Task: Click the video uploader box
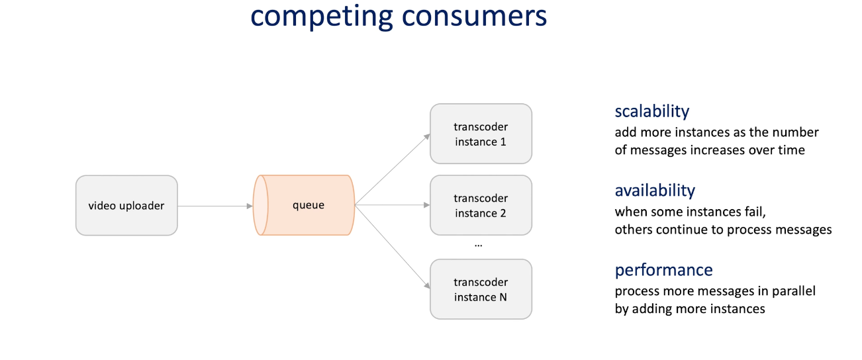126,205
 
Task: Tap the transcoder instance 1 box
481,134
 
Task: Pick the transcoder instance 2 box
481,205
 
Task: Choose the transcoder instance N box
481,289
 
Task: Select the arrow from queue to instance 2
393,205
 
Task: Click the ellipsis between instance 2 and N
479,244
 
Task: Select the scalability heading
651,111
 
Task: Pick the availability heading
655,191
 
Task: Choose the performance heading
663,270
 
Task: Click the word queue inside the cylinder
309,205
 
